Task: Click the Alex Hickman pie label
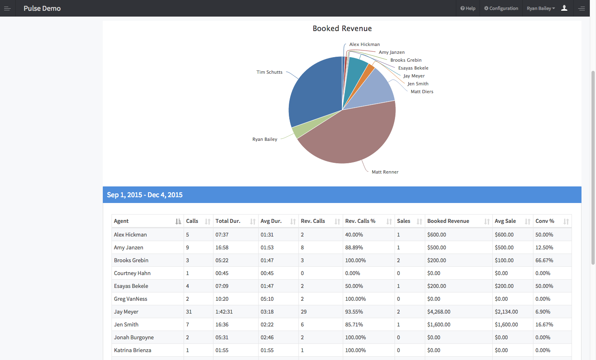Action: (x=364, y=44)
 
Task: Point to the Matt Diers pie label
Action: (x=422, y=92)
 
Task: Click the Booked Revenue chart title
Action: (x=342, y=29)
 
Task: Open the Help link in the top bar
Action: (x=468, y=8)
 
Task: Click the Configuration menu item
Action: (x=501, y=8)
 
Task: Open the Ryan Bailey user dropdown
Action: (x=540, y=8)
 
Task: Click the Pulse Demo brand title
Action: (x=42, y=8)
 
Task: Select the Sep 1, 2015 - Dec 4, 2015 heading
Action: (x=145, y=195)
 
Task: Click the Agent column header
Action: (x=121, y=221)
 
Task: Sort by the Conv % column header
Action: (x=545, y=221)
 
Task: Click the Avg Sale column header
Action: (x=505, y=221)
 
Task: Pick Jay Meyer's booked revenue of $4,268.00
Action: (x=439, y=312)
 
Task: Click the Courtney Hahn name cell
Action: (x=132, y=273)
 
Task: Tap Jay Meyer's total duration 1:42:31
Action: (x=224, y=312)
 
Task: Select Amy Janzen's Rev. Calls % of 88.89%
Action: (x=354, y=248)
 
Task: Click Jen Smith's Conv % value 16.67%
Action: (x=544, y=325)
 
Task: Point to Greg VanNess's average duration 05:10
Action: (x=267, y=299)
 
